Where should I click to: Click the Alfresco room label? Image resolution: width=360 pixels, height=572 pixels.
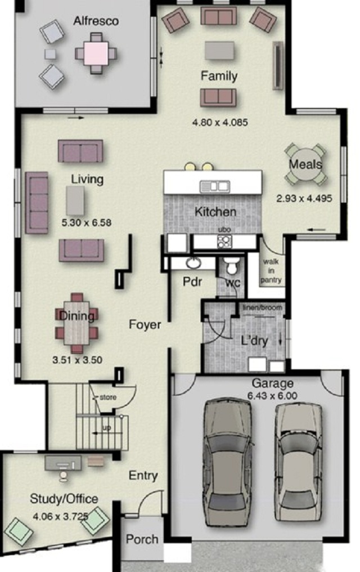[96, 21]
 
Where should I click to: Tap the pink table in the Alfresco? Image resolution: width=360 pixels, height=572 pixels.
[96, 53]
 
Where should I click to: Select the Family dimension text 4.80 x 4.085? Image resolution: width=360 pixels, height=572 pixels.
[220, 122]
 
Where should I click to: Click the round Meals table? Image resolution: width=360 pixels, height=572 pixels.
[305, 164]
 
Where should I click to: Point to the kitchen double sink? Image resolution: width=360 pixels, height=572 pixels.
[214, 186]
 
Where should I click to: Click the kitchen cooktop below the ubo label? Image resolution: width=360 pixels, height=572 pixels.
[224, 241]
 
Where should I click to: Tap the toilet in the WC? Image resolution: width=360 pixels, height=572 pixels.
[232, 266]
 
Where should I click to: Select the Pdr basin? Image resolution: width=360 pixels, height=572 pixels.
[193, 262]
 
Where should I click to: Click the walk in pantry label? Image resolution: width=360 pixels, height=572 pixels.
[271, 271]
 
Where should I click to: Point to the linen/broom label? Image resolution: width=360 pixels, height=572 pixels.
[262, 307]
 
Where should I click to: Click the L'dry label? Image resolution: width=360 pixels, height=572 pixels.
[255, 341]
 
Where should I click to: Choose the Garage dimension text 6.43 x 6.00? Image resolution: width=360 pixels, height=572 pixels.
[272, 395]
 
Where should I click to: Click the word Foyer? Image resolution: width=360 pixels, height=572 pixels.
[145, 324]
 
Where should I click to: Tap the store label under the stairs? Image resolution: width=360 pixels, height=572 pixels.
[108, 397]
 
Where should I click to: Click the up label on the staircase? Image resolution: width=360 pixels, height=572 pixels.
[107, 427]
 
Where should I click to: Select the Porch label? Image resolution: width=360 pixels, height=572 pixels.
[142, 539]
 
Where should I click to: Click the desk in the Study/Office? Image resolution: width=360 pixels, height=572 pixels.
[63, 463]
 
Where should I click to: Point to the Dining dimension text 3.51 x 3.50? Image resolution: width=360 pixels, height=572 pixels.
[77, 360]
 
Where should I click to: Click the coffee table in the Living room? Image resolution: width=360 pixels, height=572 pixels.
[75, 200]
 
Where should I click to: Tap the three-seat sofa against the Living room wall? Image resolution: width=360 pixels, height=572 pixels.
[37, 203]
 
